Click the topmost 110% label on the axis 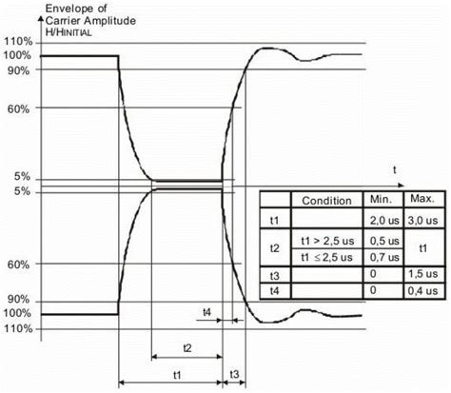coord(20,42)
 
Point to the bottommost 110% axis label coord(20,329)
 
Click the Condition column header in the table coord(326,201)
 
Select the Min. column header coord(381,201)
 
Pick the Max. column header coord(421,200)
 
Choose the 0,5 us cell coord(382,240)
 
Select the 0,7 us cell coord(382,257)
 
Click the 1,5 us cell coord(422,275)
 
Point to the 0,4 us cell coord(422,291)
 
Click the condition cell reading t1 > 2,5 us coord(326,240)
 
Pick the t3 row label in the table coord(273,275)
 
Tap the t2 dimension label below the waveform coord(186,348)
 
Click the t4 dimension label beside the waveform coord(206,311)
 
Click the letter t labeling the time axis coord(392,167)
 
